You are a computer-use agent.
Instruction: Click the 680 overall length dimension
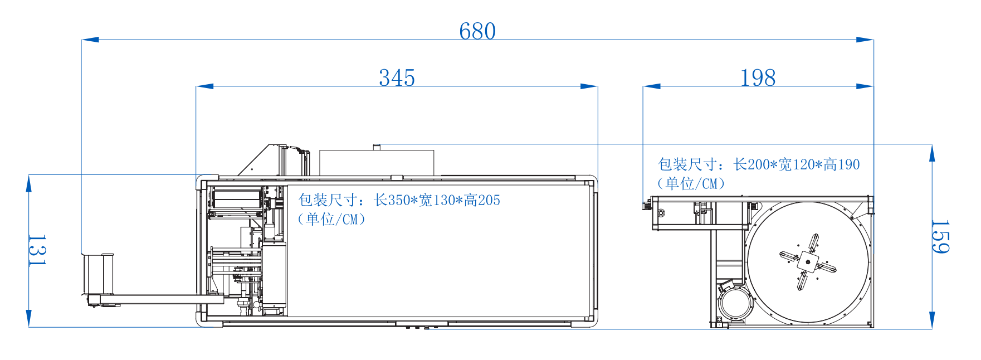click(477, 31)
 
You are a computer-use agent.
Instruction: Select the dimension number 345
click(397, 78)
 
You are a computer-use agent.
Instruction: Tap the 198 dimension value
click(758, 78)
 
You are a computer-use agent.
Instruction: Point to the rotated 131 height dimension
click(37, 250)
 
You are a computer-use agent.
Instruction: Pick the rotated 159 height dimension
click(940, 236)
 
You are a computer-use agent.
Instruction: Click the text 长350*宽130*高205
click(437, 200)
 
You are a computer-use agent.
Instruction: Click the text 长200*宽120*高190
click(797, 164)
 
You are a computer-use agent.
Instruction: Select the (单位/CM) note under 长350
click(331, 219)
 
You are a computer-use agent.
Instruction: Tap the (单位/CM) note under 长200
click(691, 183)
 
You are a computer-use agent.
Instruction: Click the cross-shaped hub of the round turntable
click(808, 262)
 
